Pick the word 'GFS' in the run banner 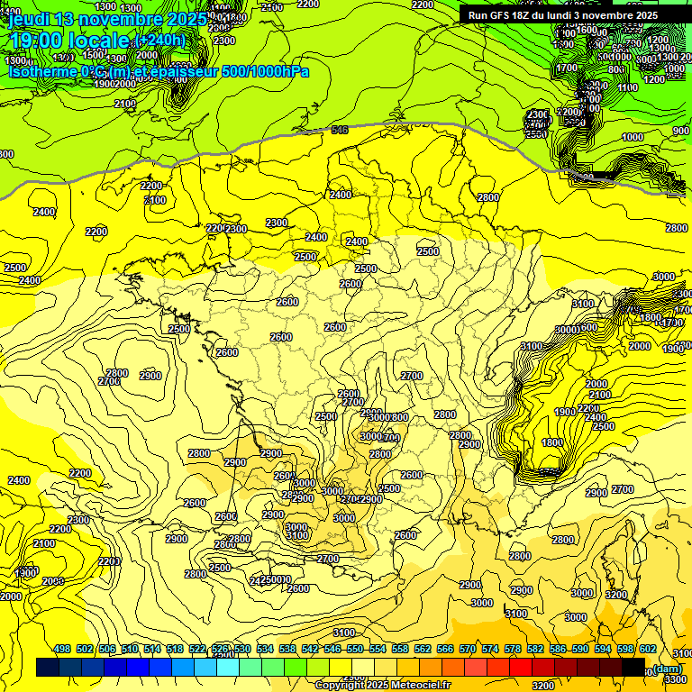[x=503, y=15]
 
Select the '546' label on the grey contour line [x=339, y=131]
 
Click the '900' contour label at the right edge [x=681, y=131]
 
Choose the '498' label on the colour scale [x=62, y=649]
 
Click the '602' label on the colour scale [x=648, y=649]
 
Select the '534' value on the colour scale [x=265, y=649]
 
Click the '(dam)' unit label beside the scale [x=667, y=668]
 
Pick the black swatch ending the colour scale [x=633, y=668]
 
